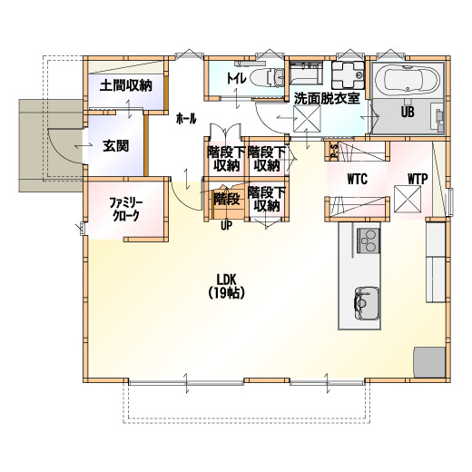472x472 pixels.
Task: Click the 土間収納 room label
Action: (x=126, y=85)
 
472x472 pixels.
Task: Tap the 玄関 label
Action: (x=116, y=146)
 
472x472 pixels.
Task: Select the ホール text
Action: (x=186, y=119)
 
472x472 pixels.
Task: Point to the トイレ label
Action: (x=237, y=79)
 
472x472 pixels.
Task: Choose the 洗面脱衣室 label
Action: (x=327, y=98)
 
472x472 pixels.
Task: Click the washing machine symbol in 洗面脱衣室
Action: (x=348, y=75)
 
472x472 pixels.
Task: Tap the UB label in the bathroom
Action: (x=408, y=112)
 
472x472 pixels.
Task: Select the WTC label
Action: (x=358, y=179)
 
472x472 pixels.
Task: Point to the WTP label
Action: (x=418, y=179)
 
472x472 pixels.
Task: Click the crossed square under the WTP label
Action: (x=408, y=199)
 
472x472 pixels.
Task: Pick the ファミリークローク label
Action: (x=126, y=209)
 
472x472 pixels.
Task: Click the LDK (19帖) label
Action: (x=227, y=287)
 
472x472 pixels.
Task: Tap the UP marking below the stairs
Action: (x=226, y=226)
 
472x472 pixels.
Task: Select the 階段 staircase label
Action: (x=227, y=199)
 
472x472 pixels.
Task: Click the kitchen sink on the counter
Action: (x=367, y=303)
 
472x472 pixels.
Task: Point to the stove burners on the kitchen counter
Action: (x=369, y=241)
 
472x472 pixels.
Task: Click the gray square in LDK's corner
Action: (x=429, y=362)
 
